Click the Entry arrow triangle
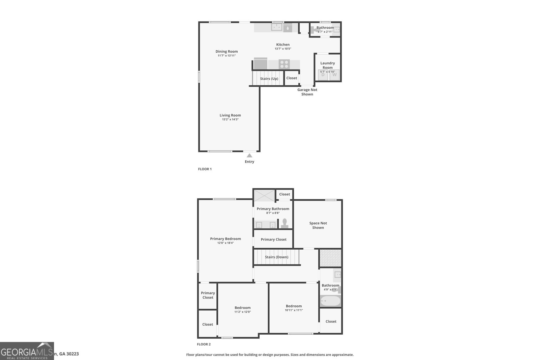pyautogui.click(x=249, y=156)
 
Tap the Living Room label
pyautogui.click(x=230, y=115)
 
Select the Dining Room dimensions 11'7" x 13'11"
pyautogui.click(x=226, y=56)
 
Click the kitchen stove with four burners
pyautogui.click(x=284, y=64)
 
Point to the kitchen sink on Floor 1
pyautogui.click(x=277, y=27)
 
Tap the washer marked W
pyautogui.click(x=334, y=75)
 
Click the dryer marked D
pyautogui.click(x=323, y=75)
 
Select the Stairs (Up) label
pyautogui.click(x=269, y=79)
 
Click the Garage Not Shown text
pyautogui.click(x=307, y=92)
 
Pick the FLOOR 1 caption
pyautogui.click(x=205, y=169)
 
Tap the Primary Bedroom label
pyautogui.click(x=225, y=239)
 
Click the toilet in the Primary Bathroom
pyautogui.click(x=285, y=223)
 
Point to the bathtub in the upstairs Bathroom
pyautogui.click(x=330, y=301)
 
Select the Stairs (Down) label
pyautogui.click(x=276, y=257)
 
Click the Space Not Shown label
pyautogui.click(x=318, y=225)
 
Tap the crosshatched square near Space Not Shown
pyautogui.click(x=330, y=258)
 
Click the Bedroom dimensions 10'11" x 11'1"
pyautogui.click(x=294, y=310)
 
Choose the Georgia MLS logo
pyautogui.click(x=27, y=351)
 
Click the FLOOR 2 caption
pyautogui.click(x=204, y=344)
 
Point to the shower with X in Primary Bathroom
pyautogui.click(x=264, y=196)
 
